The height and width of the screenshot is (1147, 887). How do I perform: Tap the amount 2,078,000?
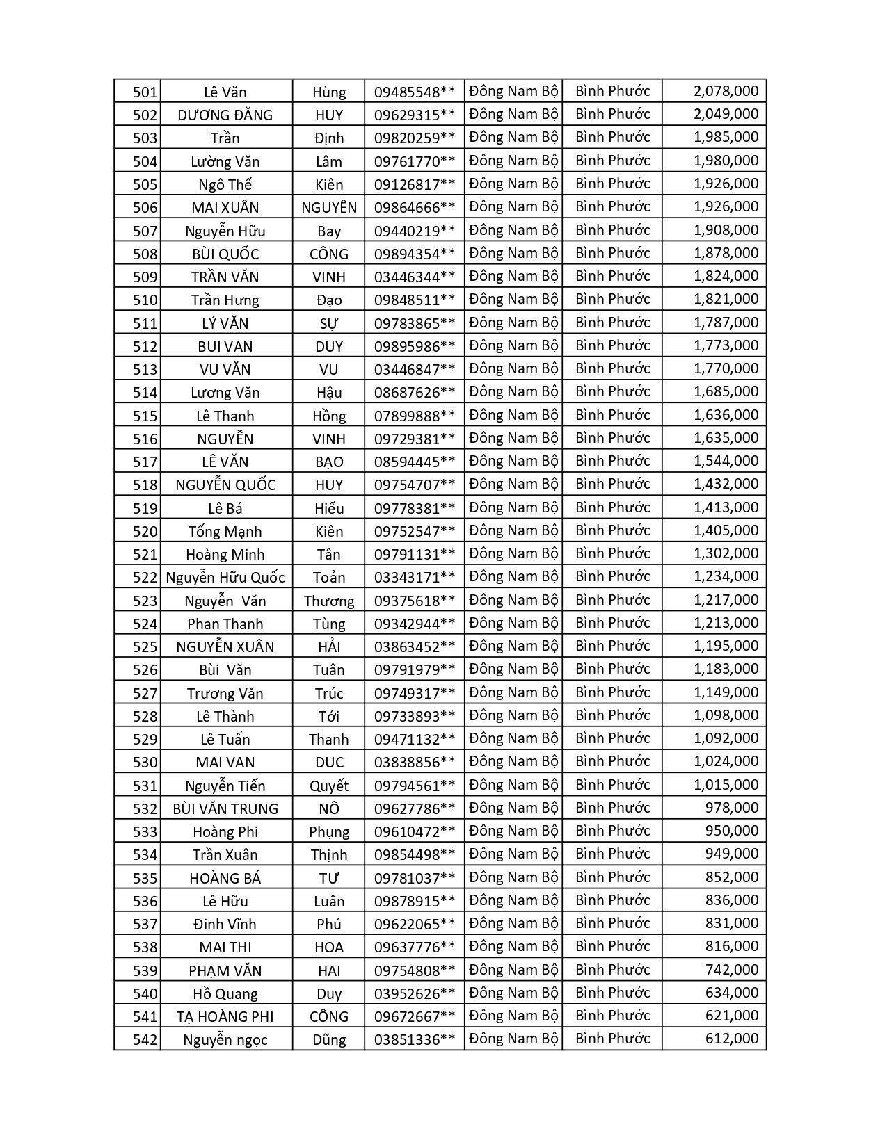(726, 91)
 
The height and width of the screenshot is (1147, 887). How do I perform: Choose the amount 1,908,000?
(726, 230)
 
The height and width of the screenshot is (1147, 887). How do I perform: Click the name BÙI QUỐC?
(225, 254)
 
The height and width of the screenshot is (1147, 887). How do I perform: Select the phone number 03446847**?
(415, 369)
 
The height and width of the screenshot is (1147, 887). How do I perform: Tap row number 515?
(145, 416)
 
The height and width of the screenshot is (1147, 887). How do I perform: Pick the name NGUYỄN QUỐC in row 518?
(225, 485)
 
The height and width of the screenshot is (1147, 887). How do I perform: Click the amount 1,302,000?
(726, 553)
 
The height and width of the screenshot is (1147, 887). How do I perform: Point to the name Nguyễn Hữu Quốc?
(225, 577)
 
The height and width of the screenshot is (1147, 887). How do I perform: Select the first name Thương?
(329, 601)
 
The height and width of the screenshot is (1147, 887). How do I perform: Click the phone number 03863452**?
(415, 646)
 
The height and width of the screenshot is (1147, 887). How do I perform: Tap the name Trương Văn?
(225, 693)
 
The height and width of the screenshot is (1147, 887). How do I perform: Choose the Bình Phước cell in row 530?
(612, 761)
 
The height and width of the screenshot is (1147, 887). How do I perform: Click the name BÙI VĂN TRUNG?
(225, 808)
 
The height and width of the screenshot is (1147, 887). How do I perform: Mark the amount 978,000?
(731, 808)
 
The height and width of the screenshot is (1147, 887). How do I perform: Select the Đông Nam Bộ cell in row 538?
(513, 946)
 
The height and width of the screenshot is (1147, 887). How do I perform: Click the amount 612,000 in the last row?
(731, 1039)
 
